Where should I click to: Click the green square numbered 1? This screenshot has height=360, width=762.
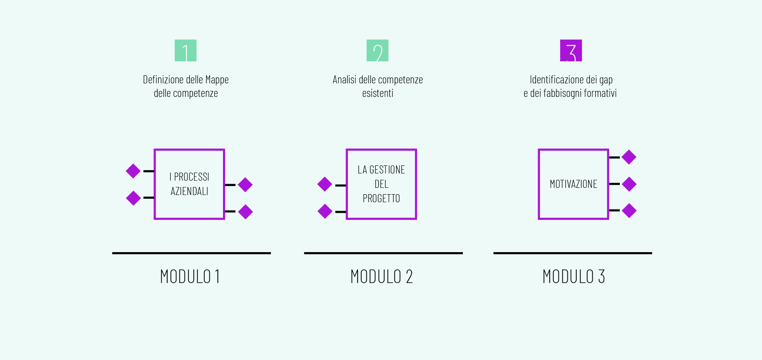point(186,50)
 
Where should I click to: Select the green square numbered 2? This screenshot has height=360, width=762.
point(377,50)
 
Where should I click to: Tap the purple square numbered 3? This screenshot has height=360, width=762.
point(571,50)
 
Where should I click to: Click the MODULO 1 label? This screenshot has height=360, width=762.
point(190,277)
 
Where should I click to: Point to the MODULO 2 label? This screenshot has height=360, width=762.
point(382,277)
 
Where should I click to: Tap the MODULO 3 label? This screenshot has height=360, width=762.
point(574,277)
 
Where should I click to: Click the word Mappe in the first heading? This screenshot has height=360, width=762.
point(217,80)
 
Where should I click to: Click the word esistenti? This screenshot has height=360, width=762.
point(378,93)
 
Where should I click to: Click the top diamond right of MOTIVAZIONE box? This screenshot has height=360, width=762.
point(629,157)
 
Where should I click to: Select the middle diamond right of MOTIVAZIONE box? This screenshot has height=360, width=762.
point(629,184)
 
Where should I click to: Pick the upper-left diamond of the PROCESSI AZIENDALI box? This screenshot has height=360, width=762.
point(133,171)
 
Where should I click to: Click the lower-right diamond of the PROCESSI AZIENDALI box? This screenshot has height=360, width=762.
point(245,212)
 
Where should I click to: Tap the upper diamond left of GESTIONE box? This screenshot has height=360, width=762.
point(325,184)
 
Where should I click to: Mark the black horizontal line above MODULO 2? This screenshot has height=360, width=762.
point(383,253)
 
